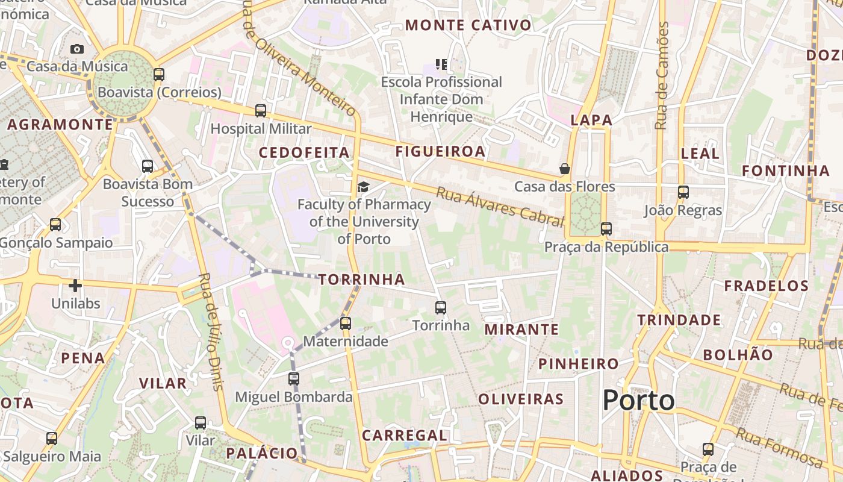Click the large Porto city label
coord(638,400)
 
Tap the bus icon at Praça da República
coord(606,229)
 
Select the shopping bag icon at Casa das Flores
coord(565,169)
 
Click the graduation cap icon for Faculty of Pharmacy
coord(362,187)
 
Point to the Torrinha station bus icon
coord(441,308)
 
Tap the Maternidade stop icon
coord(346,324)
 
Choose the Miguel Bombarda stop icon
coord(294,379)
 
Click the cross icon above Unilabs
coord(75,285)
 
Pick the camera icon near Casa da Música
coord(77,49)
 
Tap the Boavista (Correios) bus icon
coord(159,75)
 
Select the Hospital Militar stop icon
coord(261,111)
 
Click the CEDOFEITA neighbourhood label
coord(304,152)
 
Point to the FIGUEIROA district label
coord(440,151)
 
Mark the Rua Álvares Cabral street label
coord(499,207)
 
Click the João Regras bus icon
coord(683,192)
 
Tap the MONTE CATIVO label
coord(468,25)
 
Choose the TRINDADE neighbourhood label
coord(679,320)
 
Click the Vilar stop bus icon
coord(201,423)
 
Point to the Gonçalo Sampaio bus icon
coord(55,225)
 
